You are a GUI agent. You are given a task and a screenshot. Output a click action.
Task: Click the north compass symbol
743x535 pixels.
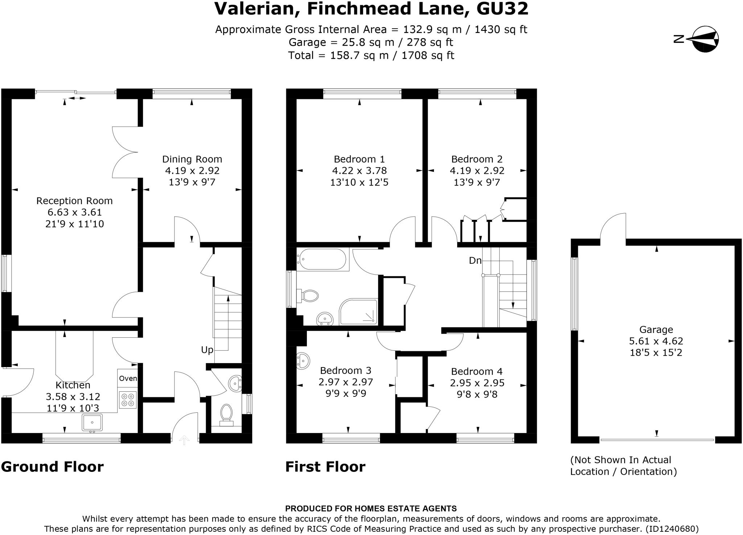[705, 39]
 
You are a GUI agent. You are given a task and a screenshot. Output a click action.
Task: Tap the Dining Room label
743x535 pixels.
[192, 159]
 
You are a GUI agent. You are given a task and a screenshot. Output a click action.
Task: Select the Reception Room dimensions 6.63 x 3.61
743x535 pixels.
[75, 212]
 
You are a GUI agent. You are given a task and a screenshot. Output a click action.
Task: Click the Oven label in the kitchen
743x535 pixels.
[128, 378]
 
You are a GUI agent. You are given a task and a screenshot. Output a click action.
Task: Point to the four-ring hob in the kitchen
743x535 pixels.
[128, 400]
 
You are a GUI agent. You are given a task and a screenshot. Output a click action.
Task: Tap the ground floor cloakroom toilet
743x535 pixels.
[227, 415]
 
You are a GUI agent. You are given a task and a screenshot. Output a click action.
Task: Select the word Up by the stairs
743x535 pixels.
[207, 350]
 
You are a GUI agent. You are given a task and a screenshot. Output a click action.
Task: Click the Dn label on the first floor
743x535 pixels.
[475, 260]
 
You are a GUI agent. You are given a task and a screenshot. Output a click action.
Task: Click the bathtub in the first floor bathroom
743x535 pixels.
[321, 259]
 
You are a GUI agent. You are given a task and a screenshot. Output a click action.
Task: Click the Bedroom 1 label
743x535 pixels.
[359, 159]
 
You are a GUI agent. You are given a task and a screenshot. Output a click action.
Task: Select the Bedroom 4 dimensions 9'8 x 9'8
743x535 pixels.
[477, 394]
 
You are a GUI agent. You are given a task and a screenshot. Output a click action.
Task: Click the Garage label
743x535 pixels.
[656, 330]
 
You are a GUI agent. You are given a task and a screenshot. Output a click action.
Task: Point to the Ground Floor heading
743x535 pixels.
[52, 467]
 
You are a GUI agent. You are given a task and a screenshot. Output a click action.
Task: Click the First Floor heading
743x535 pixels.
[325, 467]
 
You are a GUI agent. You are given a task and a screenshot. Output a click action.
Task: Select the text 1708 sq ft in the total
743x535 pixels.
[428, 55]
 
